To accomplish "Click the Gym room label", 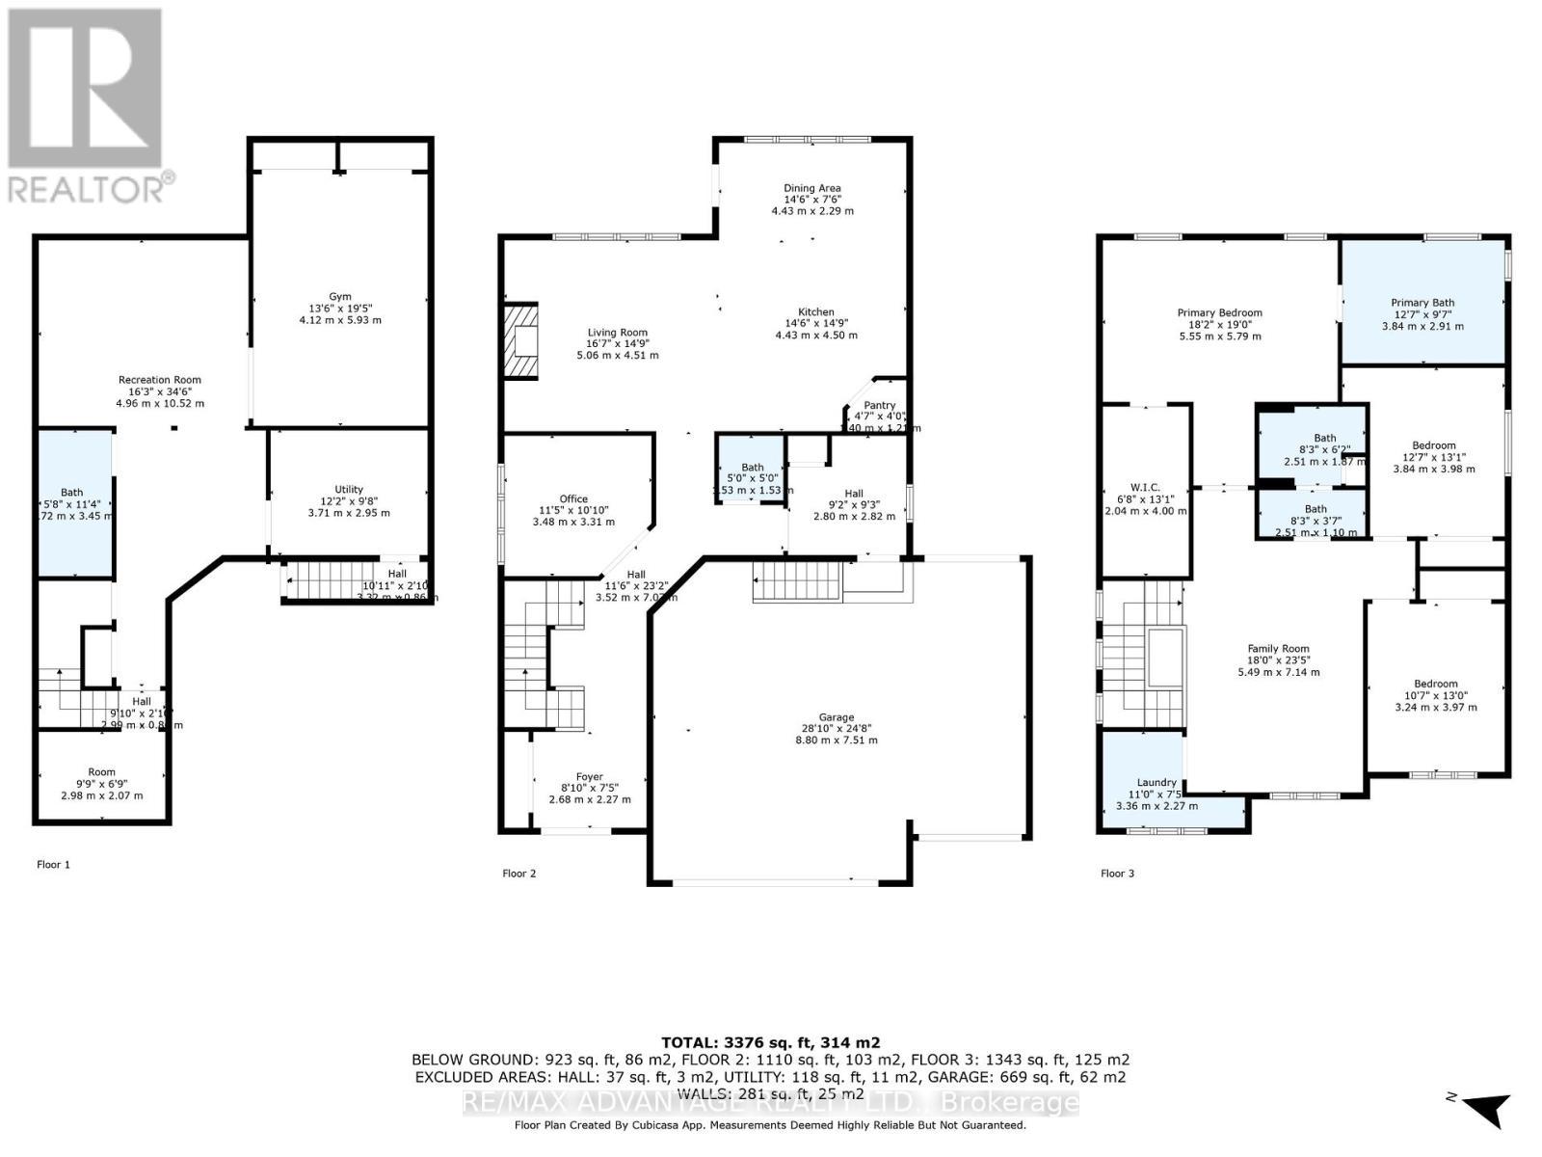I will [338, 297].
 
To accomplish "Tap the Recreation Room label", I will [160, 380].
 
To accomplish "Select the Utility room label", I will [349, 490].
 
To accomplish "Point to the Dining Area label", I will [811, 189].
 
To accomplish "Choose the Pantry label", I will [879, 406].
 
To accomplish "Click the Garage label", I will [837, 717].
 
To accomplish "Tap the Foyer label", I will [589, 777].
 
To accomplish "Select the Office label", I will [573, 499].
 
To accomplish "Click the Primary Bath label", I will [1422, 303].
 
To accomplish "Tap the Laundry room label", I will [1156, 783].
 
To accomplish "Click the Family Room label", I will [1278, 649].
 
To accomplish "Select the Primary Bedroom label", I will [1219, 313].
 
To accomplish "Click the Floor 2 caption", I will [518, 874].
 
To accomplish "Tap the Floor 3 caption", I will [1117, 874].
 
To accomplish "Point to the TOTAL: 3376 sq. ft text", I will [770, 1042].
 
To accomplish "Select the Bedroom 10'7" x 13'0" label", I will [1435, 684].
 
